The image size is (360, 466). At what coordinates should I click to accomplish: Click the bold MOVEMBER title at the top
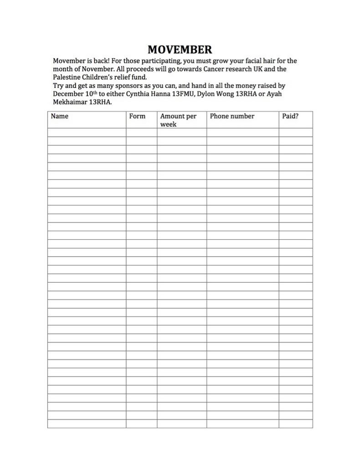[180, 49]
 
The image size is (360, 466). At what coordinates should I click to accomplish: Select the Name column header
[60, 116]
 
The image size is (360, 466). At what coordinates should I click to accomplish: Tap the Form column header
[137, 116]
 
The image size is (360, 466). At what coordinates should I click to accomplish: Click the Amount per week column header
[178, 120]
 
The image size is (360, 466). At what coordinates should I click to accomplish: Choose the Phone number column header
[232, 116]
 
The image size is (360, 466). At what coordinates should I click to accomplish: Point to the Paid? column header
[290, 116]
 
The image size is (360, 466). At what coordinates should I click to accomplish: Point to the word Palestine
[67, 77]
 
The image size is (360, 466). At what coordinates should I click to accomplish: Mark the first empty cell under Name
[87, 132]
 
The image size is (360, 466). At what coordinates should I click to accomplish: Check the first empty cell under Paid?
[295, 132]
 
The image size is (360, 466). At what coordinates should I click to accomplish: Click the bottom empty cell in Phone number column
[242, 424]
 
